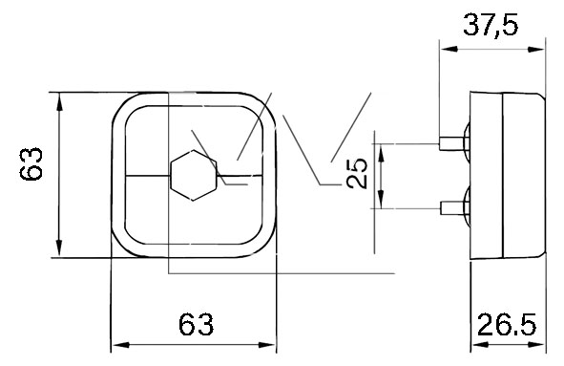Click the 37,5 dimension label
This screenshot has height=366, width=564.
491,25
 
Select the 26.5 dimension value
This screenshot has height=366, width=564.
507,325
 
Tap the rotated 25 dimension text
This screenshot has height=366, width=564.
357,174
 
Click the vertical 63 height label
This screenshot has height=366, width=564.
31,163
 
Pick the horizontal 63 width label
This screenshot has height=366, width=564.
196,324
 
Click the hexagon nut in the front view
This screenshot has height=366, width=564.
194,175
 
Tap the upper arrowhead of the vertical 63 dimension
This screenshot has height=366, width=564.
59,102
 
